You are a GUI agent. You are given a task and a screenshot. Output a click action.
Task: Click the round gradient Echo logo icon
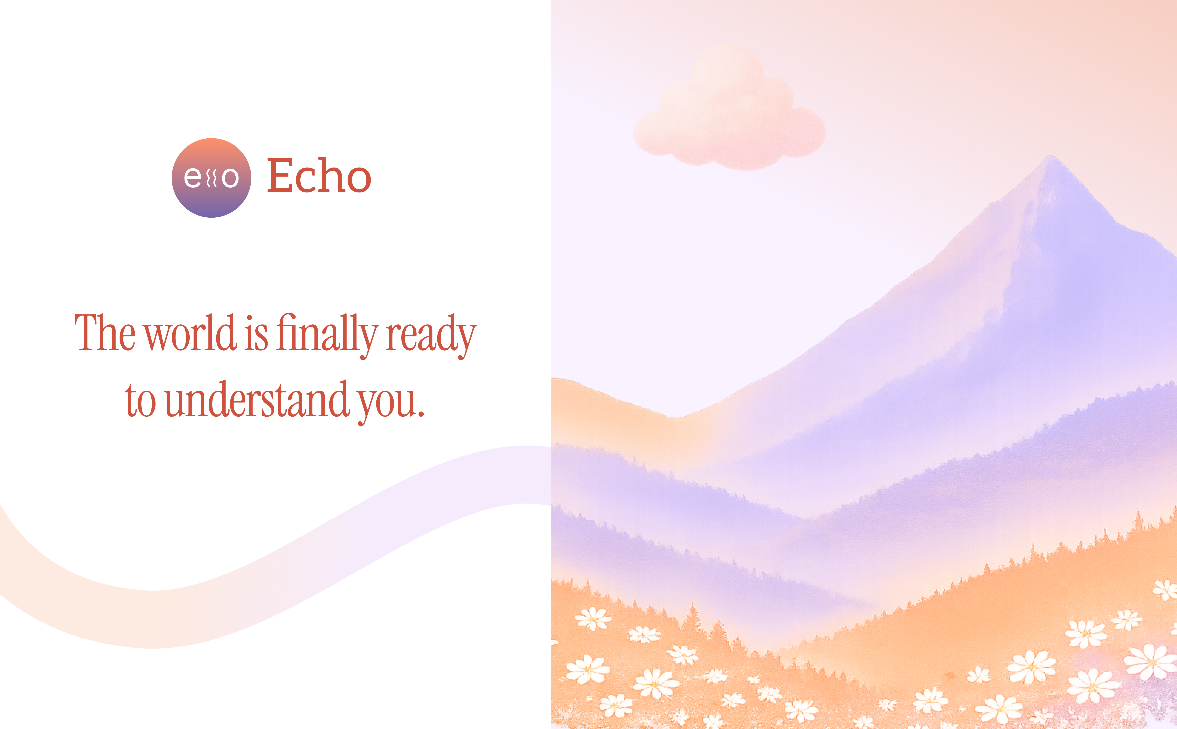click(x=211, y=178)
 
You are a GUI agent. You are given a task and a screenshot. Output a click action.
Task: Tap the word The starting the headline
click(x=105, y=333)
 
